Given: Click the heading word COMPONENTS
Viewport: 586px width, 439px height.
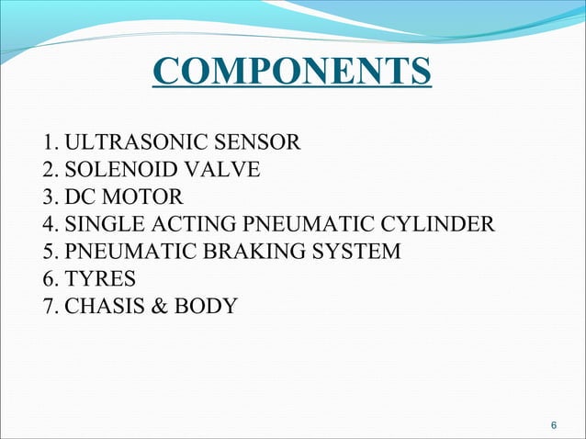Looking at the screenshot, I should [x=292, y=73].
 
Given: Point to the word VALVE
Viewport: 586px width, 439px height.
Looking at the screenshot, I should [x=221, y=170].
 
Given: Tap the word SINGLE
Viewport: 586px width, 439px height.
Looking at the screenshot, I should [x=104, y=223].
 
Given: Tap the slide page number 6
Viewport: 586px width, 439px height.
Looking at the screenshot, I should [x=553, y=425].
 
